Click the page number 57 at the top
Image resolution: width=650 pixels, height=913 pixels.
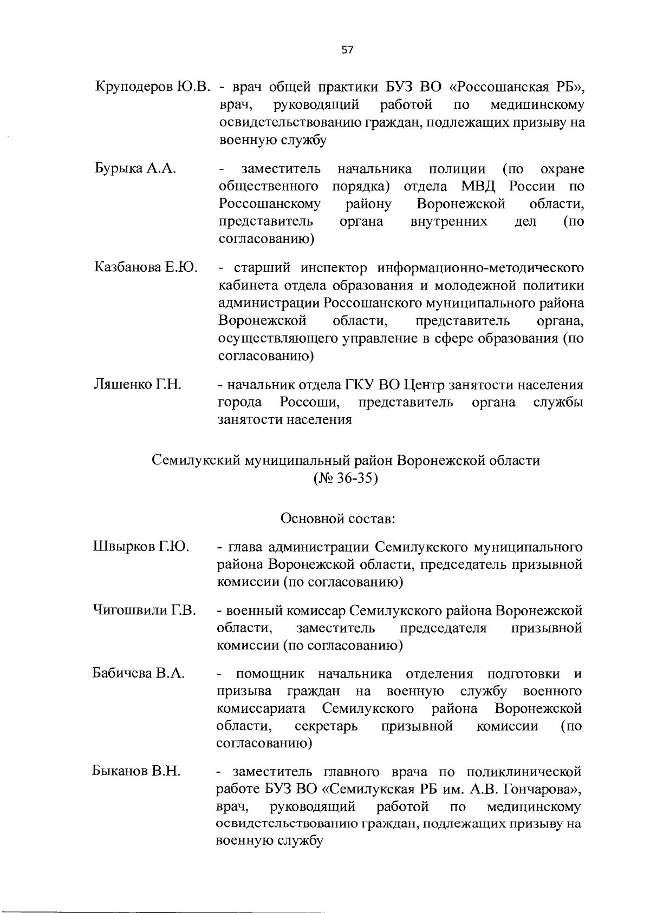point(347,50)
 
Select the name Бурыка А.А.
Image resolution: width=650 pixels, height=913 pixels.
point(135,168)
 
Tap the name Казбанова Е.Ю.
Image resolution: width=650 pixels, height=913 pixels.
point(146,267)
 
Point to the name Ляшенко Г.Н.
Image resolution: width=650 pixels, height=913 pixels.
point(137,385)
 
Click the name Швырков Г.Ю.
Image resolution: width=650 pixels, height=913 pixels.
point(140,547)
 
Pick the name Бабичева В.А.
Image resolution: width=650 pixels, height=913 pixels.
point(139,674)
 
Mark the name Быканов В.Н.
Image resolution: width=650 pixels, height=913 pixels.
point(136,771)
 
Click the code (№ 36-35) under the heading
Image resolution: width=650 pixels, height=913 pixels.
point(346,479)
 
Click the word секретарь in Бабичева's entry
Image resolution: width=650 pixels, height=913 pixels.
point(326,726)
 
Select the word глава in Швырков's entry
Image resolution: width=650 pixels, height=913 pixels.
point(247,547)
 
